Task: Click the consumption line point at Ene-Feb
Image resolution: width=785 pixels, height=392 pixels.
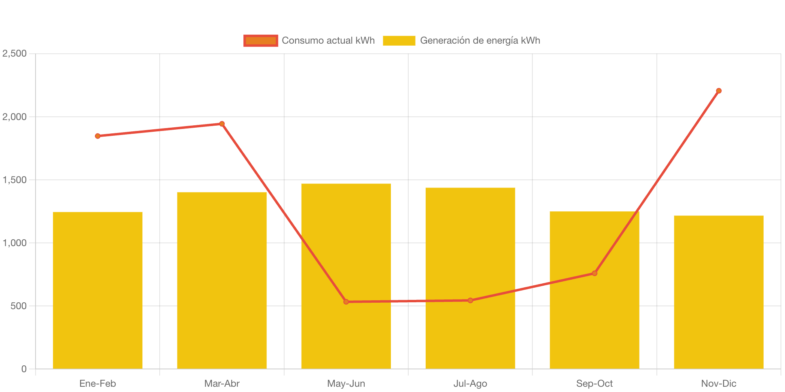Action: (98, 136)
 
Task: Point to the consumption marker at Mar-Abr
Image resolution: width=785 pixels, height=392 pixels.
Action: (222, 124)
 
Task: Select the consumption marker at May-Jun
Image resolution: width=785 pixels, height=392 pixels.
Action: (346, 302)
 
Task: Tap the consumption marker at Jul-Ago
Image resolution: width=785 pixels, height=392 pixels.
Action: (470, 301)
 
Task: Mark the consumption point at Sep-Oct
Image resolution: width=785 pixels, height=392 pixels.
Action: (595, 274)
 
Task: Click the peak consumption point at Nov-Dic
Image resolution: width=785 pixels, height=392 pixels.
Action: (719, 91)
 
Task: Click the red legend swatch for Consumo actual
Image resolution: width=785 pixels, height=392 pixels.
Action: (261, 41)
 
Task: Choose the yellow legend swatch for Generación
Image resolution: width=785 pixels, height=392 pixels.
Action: (399, 41)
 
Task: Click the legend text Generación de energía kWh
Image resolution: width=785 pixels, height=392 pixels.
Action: (480, 41)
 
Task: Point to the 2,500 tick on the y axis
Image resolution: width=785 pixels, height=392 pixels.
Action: (15, 54)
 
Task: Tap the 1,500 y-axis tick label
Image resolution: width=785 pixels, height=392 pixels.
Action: (15, 180)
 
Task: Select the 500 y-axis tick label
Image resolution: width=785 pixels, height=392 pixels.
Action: (19, 306)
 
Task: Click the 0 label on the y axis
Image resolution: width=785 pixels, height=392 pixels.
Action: (24, 369)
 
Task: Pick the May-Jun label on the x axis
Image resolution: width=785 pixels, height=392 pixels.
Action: (346, 384)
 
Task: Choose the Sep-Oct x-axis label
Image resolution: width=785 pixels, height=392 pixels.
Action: (594, 384)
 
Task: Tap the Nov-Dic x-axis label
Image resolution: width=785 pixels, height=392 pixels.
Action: (718, 384)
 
